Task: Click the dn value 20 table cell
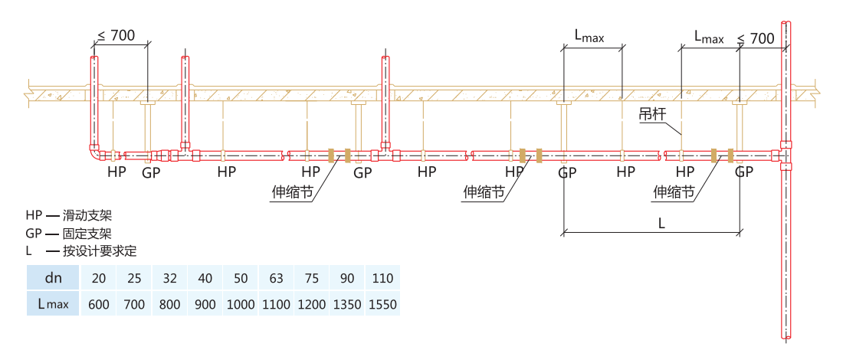(x=99, y=278)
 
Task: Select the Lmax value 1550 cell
(x=382, y=304)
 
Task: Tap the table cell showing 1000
(x=241, y=304)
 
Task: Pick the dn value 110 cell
(x=382, y=278)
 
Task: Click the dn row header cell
(x=53, y=278)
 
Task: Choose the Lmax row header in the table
(x=53, y=304)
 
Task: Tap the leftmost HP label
(x=116, y=172)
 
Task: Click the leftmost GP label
(x=151, y=172)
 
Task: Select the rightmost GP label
(x=743, y=172)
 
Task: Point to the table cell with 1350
(x=347, y=304)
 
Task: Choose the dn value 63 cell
(x=276, y=278)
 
